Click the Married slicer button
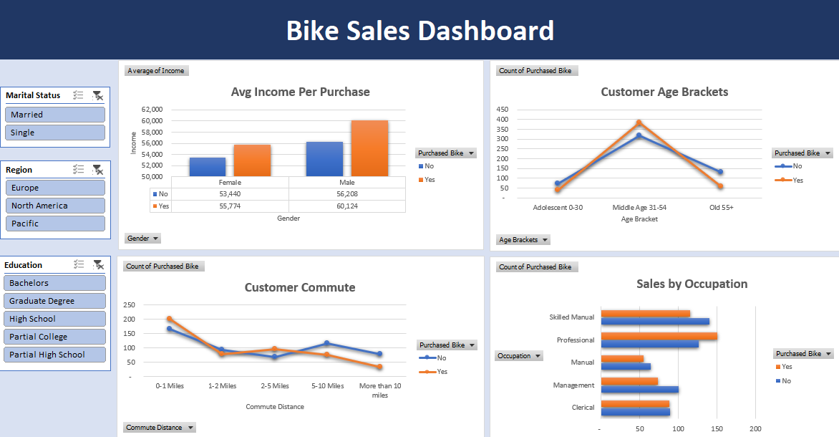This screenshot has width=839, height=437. click(55, 115)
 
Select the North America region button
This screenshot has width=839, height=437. click(55, 206)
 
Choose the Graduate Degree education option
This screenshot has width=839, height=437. click(55, 301)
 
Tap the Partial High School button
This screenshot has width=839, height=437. click(55, 355)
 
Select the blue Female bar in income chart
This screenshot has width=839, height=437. click(208, 167)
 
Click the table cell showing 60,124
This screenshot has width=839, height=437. click(347, 206)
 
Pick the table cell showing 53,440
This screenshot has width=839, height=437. click(230, 193)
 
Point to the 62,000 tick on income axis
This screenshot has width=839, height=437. click(152, 110)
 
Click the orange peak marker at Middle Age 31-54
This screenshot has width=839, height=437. click(639, 123)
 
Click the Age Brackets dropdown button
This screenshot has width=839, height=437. click(523, 240)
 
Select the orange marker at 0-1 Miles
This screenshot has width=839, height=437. click(170, 319)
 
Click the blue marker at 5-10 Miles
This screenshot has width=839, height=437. click(326, 343)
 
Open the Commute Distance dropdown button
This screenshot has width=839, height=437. click(160, 428)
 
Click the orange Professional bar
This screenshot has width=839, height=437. click(659, 336)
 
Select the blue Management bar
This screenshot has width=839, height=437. click(639, 390)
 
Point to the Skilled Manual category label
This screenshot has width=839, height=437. click(572, 317)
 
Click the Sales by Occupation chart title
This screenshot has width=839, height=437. click(692, 284)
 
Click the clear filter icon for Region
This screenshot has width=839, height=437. click(98, 170)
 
